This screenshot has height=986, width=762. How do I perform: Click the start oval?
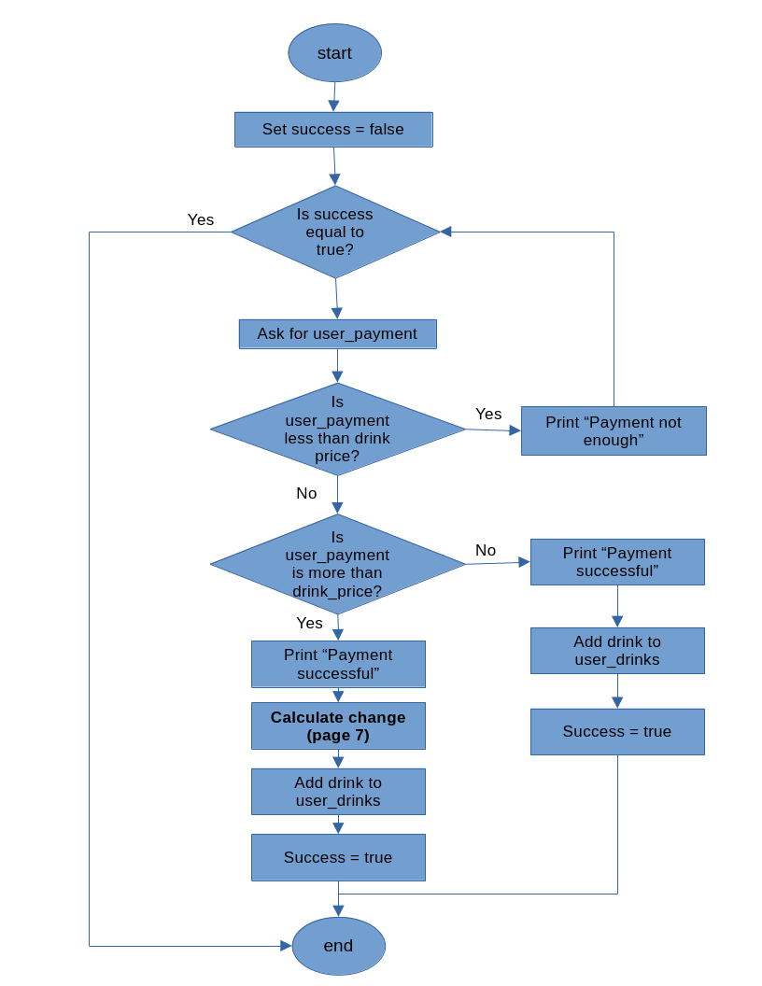click(x=334, y=53)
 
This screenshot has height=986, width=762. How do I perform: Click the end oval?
click(x=338, y=946)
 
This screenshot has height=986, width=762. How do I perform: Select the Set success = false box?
click(x=333, y=130)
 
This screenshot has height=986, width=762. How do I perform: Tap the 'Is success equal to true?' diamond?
click(x=334, y=232)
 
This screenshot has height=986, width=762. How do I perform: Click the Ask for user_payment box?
click(x=337, y=334)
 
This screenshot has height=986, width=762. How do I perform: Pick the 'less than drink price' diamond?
click(x=337, y=430)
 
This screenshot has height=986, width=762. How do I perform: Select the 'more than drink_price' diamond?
click(x=337, y=564)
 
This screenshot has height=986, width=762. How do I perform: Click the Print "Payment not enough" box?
click(x=614, y=430)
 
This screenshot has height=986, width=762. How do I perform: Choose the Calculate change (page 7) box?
click(x=338, y=726)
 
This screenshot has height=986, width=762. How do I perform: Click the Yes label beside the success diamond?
click(x=201, y=219)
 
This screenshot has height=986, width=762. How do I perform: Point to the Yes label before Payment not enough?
click(x=488, y=414)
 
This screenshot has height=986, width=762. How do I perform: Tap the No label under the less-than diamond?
click(x=306, y=493)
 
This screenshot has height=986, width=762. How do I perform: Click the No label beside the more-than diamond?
click(x=486, y=550)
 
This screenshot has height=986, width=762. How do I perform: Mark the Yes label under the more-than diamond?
click(x=310, y=623)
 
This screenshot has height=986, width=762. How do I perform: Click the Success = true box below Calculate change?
click(x=338, y=857)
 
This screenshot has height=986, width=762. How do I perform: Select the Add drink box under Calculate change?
click(x=338, y=792)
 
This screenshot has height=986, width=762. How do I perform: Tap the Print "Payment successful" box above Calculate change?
click(x=338, y=664)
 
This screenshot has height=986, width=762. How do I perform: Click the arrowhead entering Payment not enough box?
click(x=515, y=430)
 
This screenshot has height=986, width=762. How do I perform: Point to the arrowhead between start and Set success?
click(x=334, y=106)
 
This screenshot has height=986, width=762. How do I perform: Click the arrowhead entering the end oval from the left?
click(x=286, y=946)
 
